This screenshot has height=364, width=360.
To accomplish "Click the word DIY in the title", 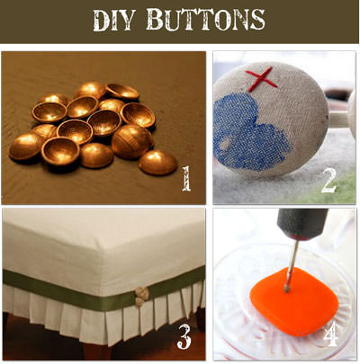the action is pos(113,20).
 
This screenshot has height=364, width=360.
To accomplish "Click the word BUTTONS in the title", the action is pos(206,20).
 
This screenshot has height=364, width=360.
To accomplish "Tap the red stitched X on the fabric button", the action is pos(261,79).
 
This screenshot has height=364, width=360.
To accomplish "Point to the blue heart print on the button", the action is pos(249,132).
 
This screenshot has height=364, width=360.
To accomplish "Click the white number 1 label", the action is pos(186,179).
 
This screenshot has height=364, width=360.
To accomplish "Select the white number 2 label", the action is pos(328,181).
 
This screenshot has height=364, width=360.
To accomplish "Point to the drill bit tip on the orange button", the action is pos(287,289).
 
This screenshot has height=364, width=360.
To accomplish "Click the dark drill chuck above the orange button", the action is pos(301,224).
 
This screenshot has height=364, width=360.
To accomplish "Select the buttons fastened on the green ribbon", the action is pos(141,297).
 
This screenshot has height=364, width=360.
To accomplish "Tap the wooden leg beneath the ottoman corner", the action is pos(94,351).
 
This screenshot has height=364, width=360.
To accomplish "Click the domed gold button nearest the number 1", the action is pos(157,163).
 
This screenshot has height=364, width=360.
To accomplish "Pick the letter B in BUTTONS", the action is pos(157,20).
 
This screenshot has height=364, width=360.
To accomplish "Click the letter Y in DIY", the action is pos(127,20).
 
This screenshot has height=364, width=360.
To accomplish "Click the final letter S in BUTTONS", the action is pos(257,20).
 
